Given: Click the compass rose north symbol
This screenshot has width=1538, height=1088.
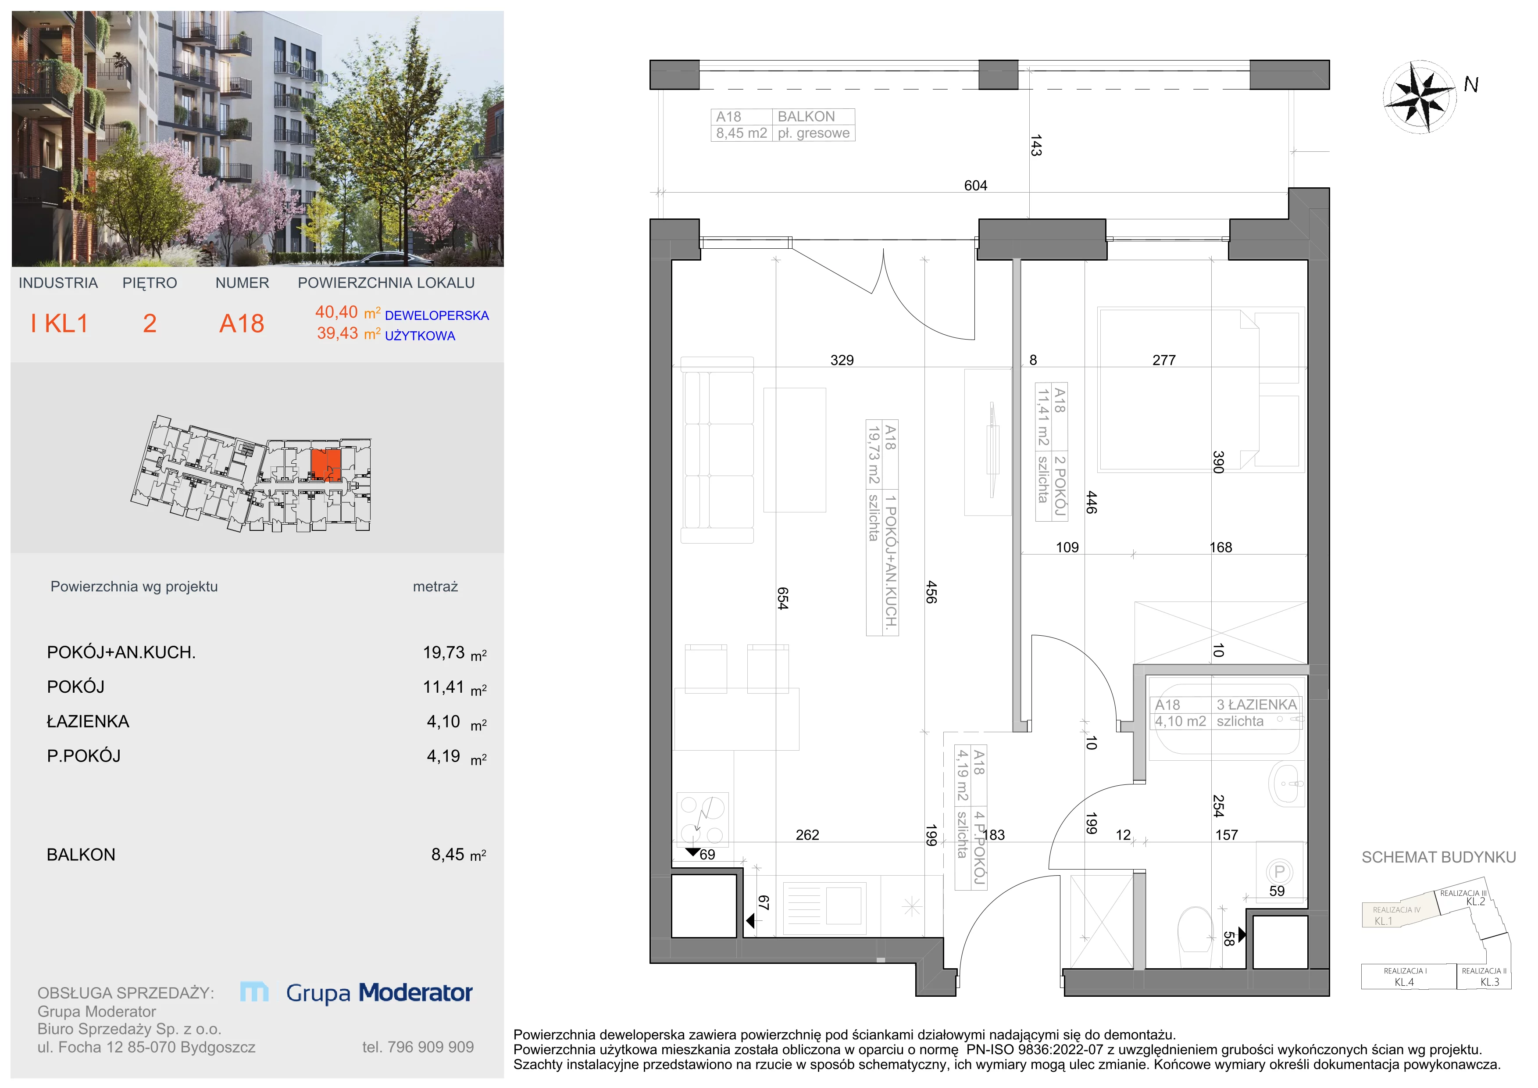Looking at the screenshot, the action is [1420, 97].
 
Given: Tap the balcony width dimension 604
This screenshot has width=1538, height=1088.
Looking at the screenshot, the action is [975, 186].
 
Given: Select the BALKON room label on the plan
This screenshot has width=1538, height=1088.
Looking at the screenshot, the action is [806, 117].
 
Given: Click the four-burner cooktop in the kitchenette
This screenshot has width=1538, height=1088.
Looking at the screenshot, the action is [702, 818].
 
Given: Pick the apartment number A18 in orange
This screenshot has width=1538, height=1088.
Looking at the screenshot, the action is [242, 324].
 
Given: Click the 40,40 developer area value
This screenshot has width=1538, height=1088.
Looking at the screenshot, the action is [336, 312].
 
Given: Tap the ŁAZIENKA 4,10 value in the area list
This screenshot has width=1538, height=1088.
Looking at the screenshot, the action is [443, 722].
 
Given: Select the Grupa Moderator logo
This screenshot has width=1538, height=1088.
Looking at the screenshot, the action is [357, 992].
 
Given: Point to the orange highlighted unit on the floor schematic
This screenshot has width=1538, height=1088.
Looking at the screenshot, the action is [326, 465].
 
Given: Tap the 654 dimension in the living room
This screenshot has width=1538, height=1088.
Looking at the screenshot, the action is [782, 598].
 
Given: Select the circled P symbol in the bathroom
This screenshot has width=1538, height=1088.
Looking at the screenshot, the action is [1279, 872].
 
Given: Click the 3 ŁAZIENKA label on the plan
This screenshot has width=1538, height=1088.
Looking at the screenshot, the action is [1256, 705].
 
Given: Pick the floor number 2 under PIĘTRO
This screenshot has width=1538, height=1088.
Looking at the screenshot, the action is [150, 324].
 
